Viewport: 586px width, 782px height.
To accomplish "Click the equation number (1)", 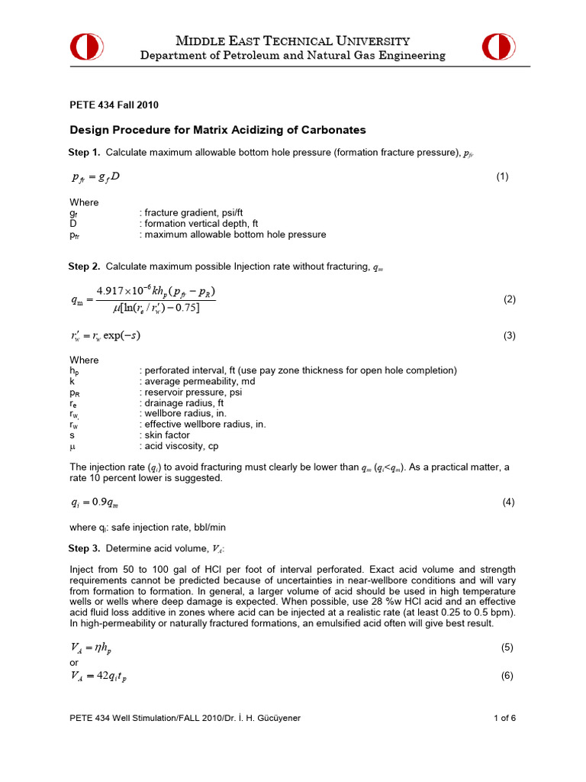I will (x=502, y=177).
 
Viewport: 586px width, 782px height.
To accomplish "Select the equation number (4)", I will (x=509, y=502).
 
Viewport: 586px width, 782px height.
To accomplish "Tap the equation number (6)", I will (x=509, y=677).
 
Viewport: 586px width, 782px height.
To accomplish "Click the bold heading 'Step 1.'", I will (x=85, y=152).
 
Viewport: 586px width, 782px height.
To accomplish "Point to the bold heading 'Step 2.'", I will (x=85, y=267).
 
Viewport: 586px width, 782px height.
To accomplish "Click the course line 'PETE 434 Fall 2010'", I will (x=114, y=105).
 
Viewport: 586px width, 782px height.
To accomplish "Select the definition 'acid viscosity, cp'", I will (x=178, y=445).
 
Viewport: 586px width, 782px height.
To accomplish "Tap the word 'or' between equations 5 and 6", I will (x=74, y=662).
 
